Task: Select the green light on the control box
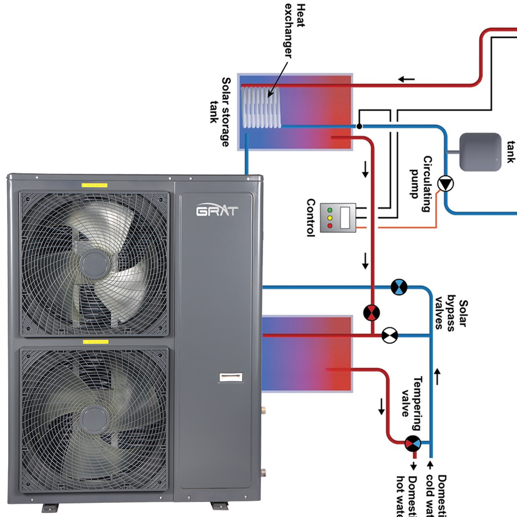click(x=329, y=210)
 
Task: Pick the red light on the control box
click(x=329, y=226)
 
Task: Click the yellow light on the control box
click(x=329, y=218)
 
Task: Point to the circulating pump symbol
click(x=445, y=184)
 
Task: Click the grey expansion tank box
click(x=480, y=152)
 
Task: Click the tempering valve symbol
click(x=413, y=443)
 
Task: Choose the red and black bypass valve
click(x=371, y=311)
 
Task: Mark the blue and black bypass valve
click(x=399, y=287)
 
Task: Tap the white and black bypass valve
click(x=389, y=335)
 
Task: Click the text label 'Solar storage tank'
click(x=220, y=112)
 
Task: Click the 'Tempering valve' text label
click(x=412, y=403)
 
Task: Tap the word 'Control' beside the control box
click(x=310, y=218)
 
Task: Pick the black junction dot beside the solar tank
click(x=359, y=126)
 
